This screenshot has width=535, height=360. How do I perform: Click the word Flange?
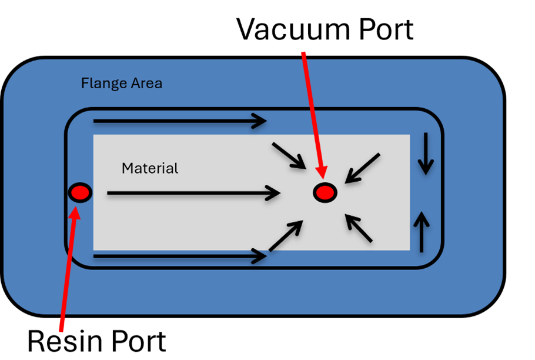point(101,84)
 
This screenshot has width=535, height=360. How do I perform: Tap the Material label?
point(149,168)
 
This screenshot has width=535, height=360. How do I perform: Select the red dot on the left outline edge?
point(80,192)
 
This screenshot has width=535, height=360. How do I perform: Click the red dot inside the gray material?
point(324,192)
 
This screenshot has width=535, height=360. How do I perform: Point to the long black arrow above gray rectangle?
point(179,122)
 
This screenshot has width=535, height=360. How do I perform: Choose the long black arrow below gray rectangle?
point(179,256)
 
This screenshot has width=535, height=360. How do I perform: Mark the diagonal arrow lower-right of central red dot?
point(359,228)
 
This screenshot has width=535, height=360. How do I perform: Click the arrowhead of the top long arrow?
point(259,122)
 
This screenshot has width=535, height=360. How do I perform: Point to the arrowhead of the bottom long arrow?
point(259,256)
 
